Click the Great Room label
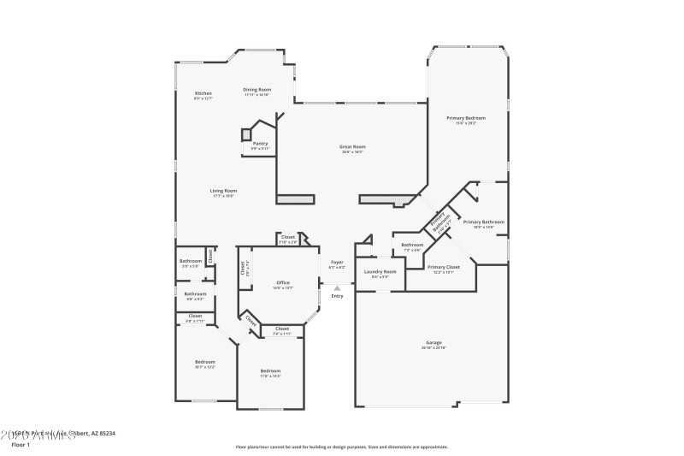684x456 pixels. coord(353,146)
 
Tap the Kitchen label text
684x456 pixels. coord(203,93)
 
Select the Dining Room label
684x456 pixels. coord(256,90)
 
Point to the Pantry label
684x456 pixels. coord(260,144)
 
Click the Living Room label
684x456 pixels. coord(224,191)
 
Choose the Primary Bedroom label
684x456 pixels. coord(466,117)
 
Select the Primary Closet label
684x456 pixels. coord(443,267)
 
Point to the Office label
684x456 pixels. coord(283,283)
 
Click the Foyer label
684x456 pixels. coord(337,263)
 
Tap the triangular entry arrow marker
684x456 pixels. coord(337,288)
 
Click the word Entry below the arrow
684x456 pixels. coord(337,296)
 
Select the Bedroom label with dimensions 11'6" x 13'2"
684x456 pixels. coord(270,370)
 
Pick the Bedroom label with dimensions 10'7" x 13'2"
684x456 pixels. coord(204,362)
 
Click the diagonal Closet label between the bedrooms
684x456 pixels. coord(251,321)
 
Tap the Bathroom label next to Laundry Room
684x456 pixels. coord(412,246)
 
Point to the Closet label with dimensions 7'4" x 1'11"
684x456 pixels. coord(281,329)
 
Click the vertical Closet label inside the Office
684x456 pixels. coord(243,269)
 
